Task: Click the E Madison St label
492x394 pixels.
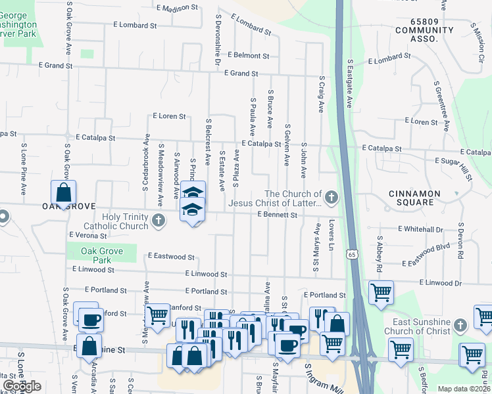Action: [177, 8]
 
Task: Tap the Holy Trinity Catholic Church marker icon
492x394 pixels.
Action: [158, 221]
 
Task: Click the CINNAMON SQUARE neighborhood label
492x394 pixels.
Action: [422, 198]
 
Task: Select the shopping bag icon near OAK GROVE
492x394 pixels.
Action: [63, 194]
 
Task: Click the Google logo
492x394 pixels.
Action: [22, 386]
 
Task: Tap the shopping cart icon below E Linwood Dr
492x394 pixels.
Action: [381, 293]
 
